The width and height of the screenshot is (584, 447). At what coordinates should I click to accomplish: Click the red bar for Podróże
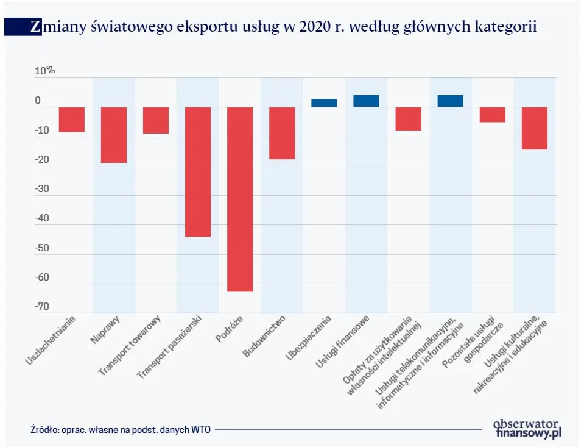tap(240, 199)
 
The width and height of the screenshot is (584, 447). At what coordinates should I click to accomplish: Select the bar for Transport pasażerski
tap(198, 171)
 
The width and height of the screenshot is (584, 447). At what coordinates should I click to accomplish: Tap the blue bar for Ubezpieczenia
tap(324, 103)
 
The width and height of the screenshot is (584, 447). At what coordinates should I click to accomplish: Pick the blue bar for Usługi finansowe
tap(366, 101)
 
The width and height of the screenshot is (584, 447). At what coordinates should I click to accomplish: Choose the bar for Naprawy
tap(114, 135)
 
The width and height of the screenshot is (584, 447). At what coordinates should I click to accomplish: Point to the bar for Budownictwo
tap(282, 133)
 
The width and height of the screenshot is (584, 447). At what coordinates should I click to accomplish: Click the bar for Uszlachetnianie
tap(72, 120)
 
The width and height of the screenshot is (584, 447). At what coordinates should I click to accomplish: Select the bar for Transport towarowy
tap(156, 120)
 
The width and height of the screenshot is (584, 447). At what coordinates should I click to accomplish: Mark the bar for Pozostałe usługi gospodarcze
tap(492, 115)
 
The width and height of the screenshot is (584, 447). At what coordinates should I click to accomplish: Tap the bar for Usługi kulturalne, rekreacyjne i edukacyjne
tap(534, 128)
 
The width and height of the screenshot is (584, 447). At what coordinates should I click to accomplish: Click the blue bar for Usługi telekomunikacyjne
tap(450, 101)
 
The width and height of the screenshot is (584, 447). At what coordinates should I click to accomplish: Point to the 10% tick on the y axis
tap(44, 71)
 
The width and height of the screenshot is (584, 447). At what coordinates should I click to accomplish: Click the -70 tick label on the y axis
tap(42, 307)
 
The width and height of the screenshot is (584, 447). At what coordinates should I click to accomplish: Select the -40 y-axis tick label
tap(42, 218)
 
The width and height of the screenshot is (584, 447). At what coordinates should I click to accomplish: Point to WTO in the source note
tap(200, 429)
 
